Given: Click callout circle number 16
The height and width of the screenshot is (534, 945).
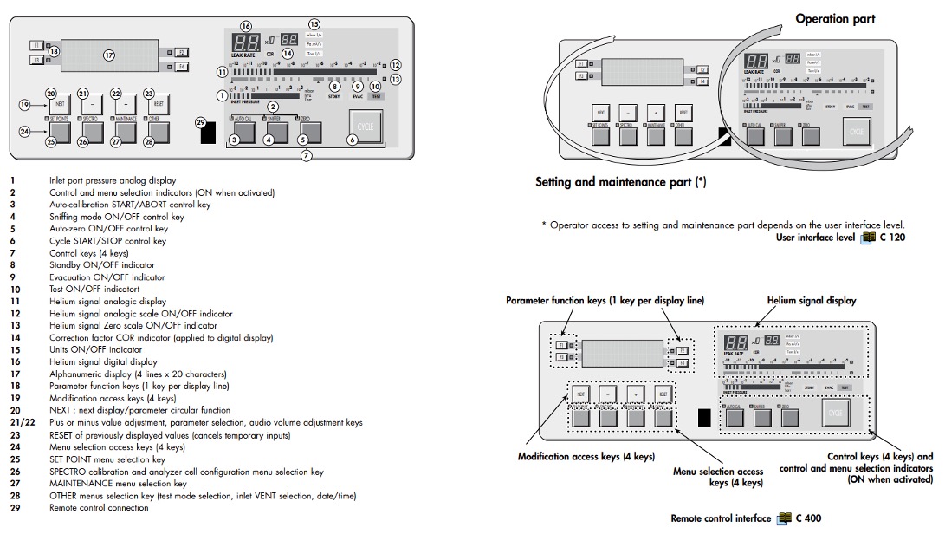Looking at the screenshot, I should [245, 26].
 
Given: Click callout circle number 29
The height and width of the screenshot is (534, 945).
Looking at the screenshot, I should [201, 123].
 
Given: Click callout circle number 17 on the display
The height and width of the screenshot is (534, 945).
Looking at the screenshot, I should [109, 55].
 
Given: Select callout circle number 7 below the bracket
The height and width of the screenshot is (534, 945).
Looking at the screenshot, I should [306, 156].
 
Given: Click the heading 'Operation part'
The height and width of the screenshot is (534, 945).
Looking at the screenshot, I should [835, 18].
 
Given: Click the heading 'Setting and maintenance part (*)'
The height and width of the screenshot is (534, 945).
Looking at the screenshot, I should [621, 182].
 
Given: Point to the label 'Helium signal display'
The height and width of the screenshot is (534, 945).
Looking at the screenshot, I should [812, 300].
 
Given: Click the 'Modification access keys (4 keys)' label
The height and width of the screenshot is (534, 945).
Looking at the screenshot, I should [586, 455].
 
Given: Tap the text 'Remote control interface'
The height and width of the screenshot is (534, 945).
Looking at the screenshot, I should [720, 518].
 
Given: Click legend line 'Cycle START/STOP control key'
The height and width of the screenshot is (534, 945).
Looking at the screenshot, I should [107, 241].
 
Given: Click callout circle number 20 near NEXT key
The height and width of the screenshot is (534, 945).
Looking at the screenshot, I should [51, 94].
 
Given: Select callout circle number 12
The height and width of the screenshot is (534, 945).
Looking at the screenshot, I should [396, 65].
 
